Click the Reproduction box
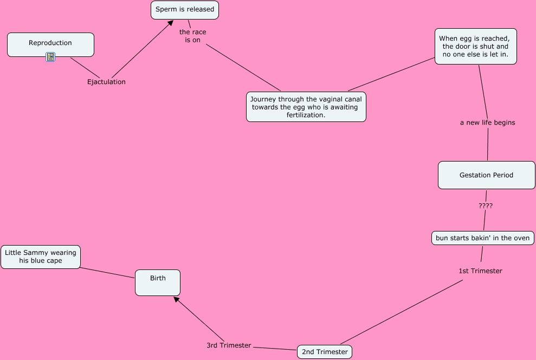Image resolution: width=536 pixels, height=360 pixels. point(50,44)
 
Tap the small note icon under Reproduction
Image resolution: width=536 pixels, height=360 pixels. point(50,57)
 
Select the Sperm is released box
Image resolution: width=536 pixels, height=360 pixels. point(185,10)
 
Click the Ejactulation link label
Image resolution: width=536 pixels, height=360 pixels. point(106,82)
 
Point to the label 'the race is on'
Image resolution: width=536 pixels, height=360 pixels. point(192,36)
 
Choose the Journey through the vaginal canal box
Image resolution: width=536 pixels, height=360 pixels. point(306,107)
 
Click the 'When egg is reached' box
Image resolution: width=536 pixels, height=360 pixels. point(475,47)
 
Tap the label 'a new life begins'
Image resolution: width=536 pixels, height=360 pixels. point(487,123)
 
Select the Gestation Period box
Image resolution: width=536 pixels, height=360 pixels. point(486,175)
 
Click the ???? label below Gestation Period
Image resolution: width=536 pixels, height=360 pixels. point(486,206)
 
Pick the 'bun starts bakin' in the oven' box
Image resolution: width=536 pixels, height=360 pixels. point(482,238)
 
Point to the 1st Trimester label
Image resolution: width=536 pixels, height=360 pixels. point(480,271)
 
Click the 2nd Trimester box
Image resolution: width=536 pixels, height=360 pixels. point(325,352)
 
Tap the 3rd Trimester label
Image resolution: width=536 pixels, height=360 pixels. point(229,345)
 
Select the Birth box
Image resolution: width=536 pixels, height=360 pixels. point(158,282)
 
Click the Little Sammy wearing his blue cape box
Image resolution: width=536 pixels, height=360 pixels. point(41,256)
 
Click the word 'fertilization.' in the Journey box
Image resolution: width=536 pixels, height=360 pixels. point(306,115)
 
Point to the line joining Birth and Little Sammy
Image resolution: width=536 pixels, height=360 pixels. point(107,273)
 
